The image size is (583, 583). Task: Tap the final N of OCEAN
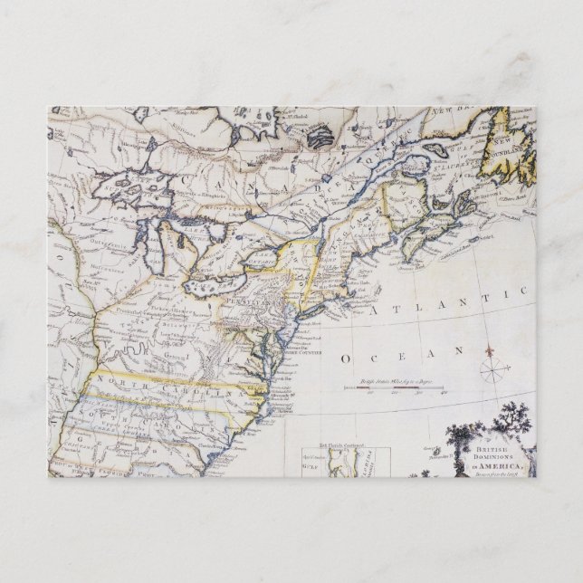tap(459, 349)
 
